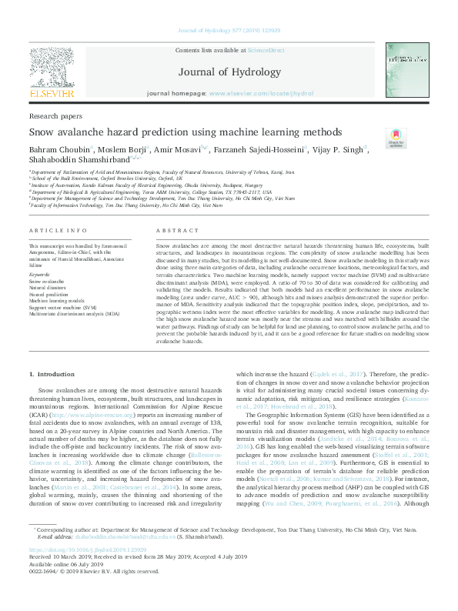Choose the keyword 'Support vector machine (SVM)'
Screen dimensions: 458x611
tap(64, 306)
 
